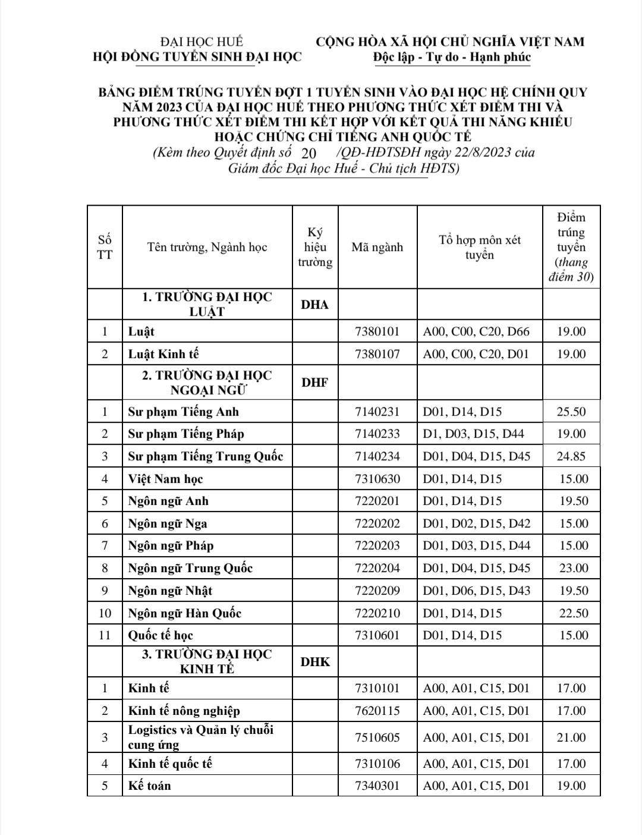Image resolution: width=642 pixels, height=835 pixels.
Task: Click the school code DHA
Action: click(x=314, y=305)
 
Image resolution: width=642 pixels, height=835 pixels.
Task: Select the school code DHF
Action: click(x=314, y=382)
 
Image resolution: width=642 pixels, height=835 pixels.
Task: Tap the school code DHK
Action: click(x=315, y=661)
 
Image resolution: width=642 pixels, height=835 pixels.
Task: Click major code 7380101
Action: click(x=377, y=331)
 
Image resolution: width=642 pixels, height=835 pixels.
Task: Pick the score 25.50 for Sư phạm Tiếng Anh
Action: click(x=571, y=412)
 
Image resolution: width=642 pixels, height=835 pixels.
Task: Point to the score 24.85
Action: click(x=571, y=456)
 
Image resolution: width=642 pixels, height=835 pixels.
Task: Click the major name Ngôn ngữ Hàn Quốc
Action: click(x=185, y=613)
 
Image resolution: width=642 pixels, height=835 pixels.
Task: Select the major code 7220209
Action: click(x=377, y=591)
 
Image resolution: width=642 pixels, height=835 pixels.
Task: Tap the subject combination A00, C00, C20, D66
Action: click(x=476, y=331)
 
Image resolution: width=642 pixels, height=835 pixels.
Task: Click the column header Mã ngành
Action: click(x=377, y=247)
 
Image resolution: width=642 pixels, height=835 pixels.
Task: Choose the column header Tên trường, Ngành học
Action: click(x=207, y=247)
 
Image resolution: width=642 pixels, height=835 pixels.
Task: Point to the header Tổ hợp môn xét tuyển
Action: click(x=480, y=247)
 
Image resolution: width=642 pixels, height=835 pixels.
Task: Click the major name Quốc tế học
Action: click(x=160, y=635)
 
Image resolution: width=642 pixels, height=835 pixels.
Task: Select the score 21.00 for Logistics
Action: click(x=571, y=737)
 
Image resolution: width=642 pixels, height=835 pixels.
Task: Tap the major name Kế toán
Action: click(x=150, y=785)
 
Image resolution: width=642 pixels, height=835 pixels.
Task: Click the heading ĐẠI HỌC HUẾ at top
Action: click(x=202, y=42)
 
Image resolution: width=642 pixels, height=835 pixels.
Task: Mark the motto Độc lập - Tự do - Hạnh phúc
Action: click(x=452, y=57)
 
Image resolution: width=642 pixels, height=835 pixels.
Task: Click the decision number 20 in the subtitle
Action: click(x=309, y=153)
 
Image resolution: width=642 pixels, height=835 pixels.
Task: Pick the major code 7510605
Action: click(x=377, y=737)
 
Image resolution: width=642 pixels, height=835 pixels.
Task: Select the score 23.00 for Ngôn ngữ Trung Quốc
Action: click(x=574, y=568)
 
